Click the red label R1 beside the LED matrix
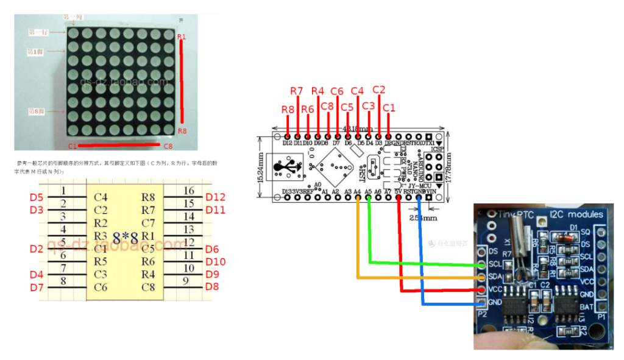click(182, 38)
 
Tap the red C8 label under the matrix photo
click(168, 146)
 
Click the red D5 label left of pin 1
click(37, 197)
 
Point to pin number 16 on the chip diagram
click(189, 191)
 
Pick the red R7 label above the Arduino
click(296, 91)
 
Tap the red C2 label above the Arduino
click(378, 90)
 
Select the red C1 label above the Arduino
click(388, 108)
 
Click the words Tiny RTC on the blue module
click(514, 214)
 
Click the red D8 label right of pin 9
click(211, 286)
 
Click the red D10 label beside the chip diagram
click(215, 262)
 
